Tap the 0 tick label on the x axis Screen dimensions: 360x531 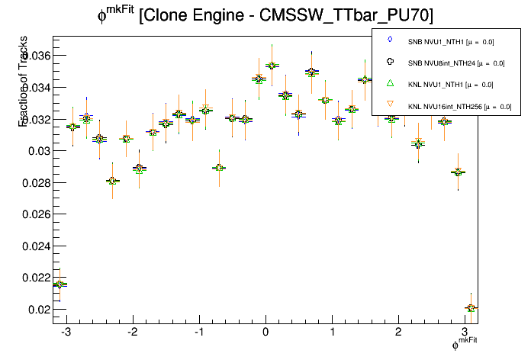(265, 333)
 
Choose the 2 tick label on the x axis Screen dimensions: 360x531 (399, 333)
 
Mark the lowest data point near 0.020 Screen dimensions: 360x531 (471, 308)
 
